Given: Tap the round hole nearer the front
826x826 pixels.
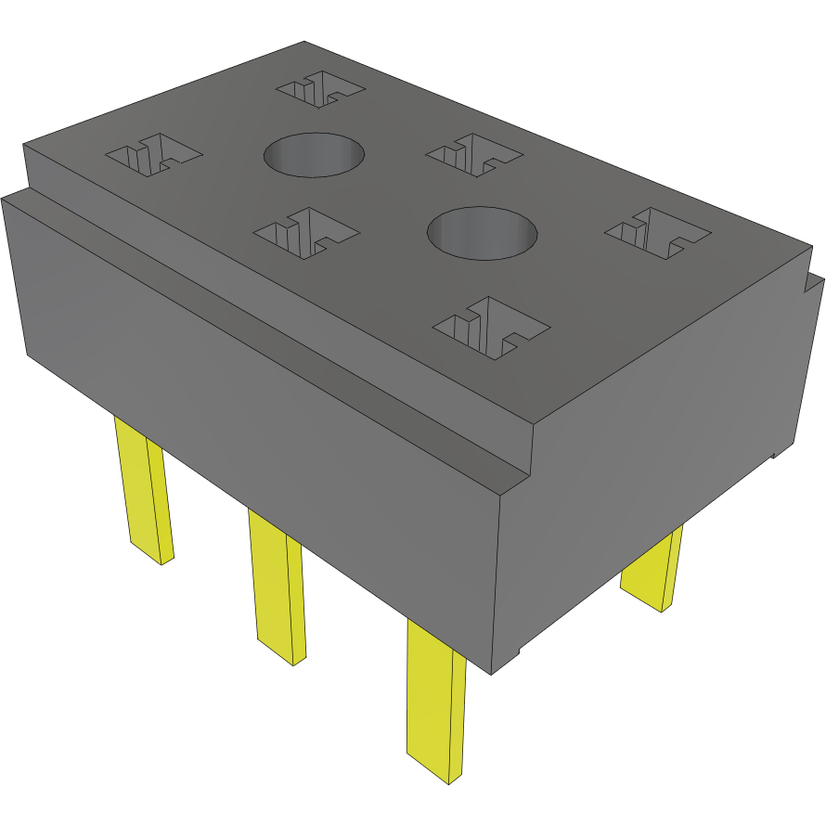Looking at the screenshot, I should pos(482,233).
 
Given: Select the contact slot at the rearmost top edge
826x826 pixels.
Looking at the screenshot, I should pos(321,90).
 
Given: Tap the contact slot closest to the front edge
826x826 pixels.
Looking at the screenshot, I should pos(492,327).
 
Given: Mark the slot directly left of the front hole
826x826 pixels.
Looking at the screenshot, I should pos(305,231).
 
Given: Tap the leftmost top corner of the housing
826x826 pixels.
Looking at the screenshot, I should pos(23,145).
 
